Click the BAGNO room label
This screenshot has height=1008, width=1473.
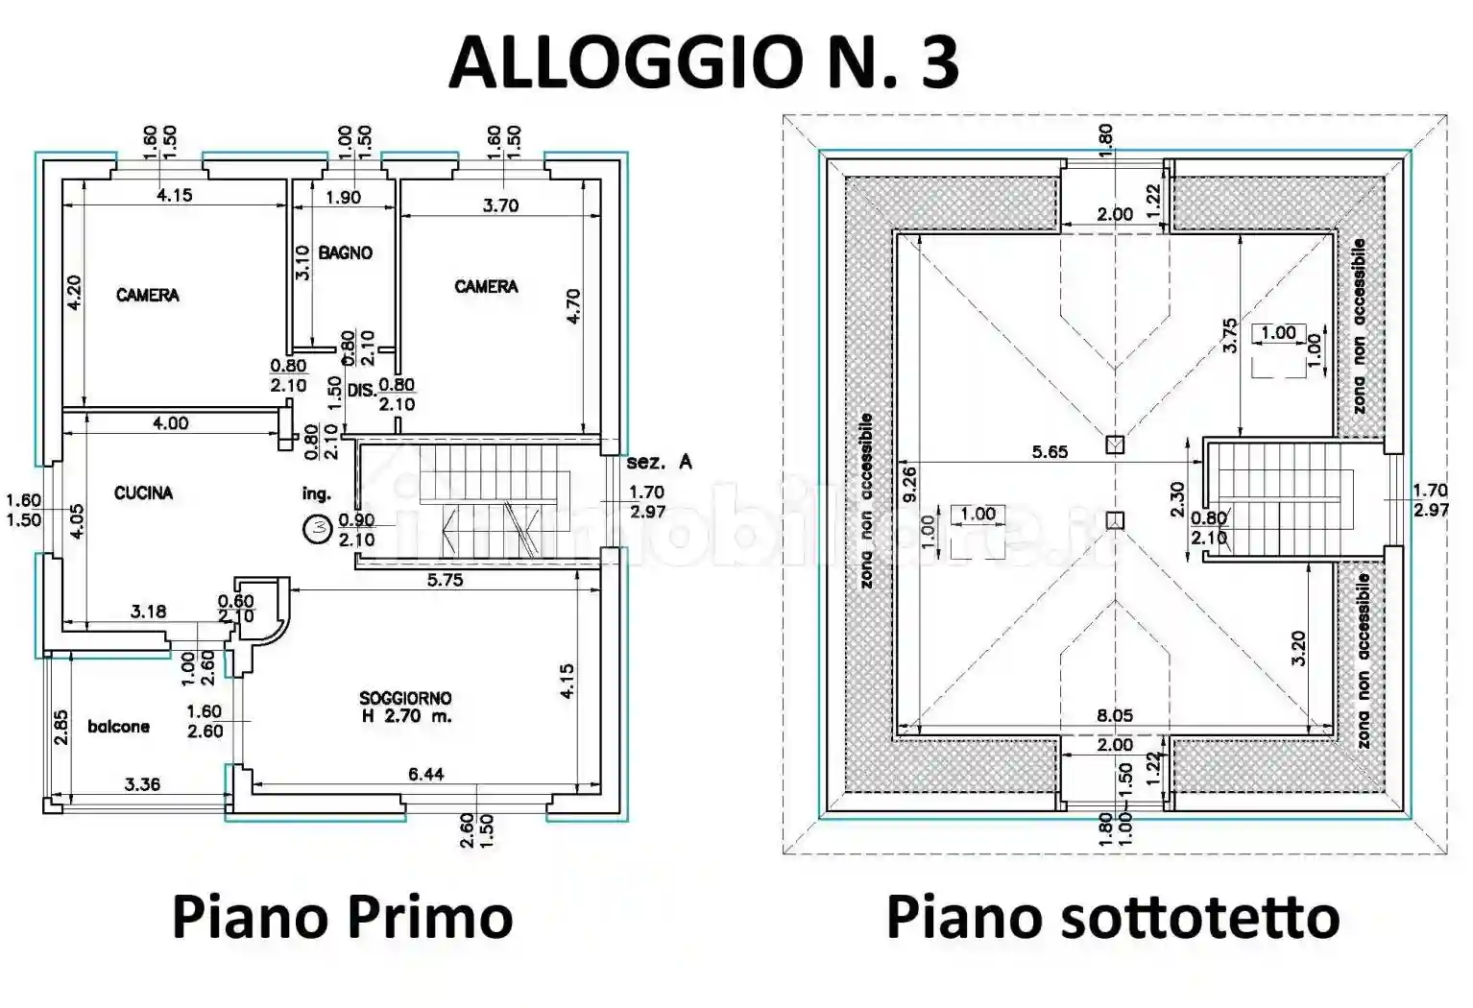tap(345, 253)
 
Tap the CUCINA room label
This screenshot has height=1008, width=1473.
tap(143, 493)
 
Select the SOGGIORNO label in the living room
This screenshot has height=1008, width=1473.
tap(405, 698)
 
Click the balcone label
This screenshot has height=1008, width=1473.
tap(118, 727)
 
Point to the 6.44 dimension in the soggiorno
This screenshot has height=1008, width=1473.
tap(425, 774)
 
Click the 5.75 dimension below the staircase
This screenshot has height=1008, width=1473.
tap(445, 580)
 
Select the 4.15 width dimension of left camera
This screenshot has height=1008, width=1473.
tap(174, 195)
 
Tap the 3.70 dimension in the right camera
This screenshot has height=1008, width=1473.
tap(500, 205)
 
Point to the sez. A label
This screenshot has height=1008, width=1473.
tap(659, 462)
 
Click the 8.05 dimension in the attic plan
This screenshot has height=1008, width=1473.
tap(1115, 715)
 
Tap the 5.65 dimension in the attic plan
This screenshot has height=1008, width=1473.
tap(1050, 451)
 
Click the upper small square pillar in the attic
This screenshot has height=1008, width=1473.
tap(1114, 444)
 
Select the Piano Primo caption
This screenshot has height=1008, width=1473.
tap(342, 917)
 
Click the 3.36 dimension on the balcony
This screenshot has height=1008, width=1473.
tap(142, 784)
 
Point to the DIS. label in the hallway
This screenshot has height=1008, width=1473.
tap(361, 391)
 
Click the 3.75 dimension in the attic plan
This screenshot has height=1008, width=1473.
tap(1230, 336)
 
